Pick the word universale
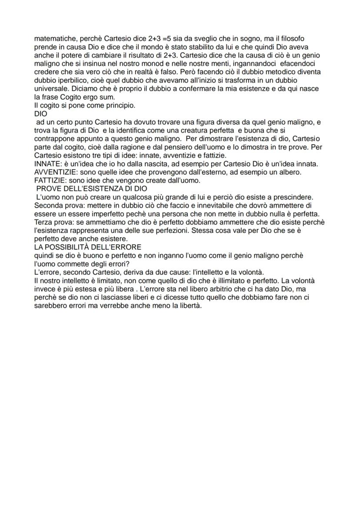tap(51, 89)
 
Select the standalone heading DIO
tap(40, 113)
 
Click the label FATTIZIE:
tap(50, 180)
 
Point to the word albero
tap(291, 172)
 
